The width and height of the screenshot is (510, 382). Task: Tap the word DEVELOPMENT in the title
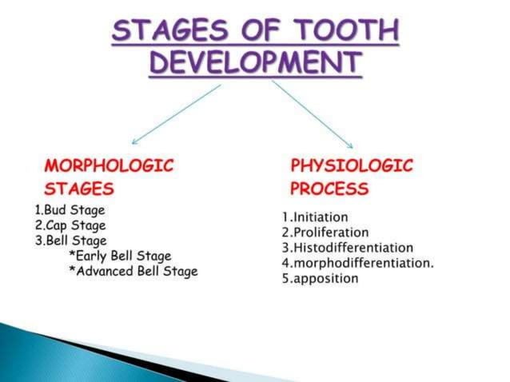pos(255,63)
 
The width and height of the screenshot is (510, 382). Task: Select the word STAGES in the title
pos(169,33)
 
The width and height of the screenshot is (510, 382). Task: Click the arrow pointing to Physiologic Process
pos(312,113)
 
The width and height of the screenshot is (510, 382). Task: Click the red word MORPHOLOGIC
pos(110,166)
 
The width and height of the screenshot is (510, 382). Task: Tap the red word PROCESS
pos(329,189)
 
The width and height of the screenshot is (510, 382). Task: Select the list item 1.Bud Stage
pos(70,210)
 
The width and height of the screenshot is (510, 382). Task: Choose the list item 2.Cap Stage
pos(70,225)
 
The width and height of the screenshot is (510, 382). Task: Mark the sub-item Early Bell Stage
pos(121,256)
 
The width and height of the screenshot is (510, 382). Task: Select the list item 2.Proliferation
pos(325,232)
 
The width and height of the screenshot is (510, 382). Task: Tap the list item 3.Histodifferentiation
pos(348,248)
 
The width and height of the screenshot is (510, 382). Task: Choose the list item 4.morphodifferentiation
pos(357,263)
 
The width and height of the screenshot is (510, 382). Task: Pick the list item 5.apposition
pos(321,279)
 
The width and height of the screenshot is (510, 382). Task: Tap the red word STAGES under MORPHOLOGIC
pos(79,189)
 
